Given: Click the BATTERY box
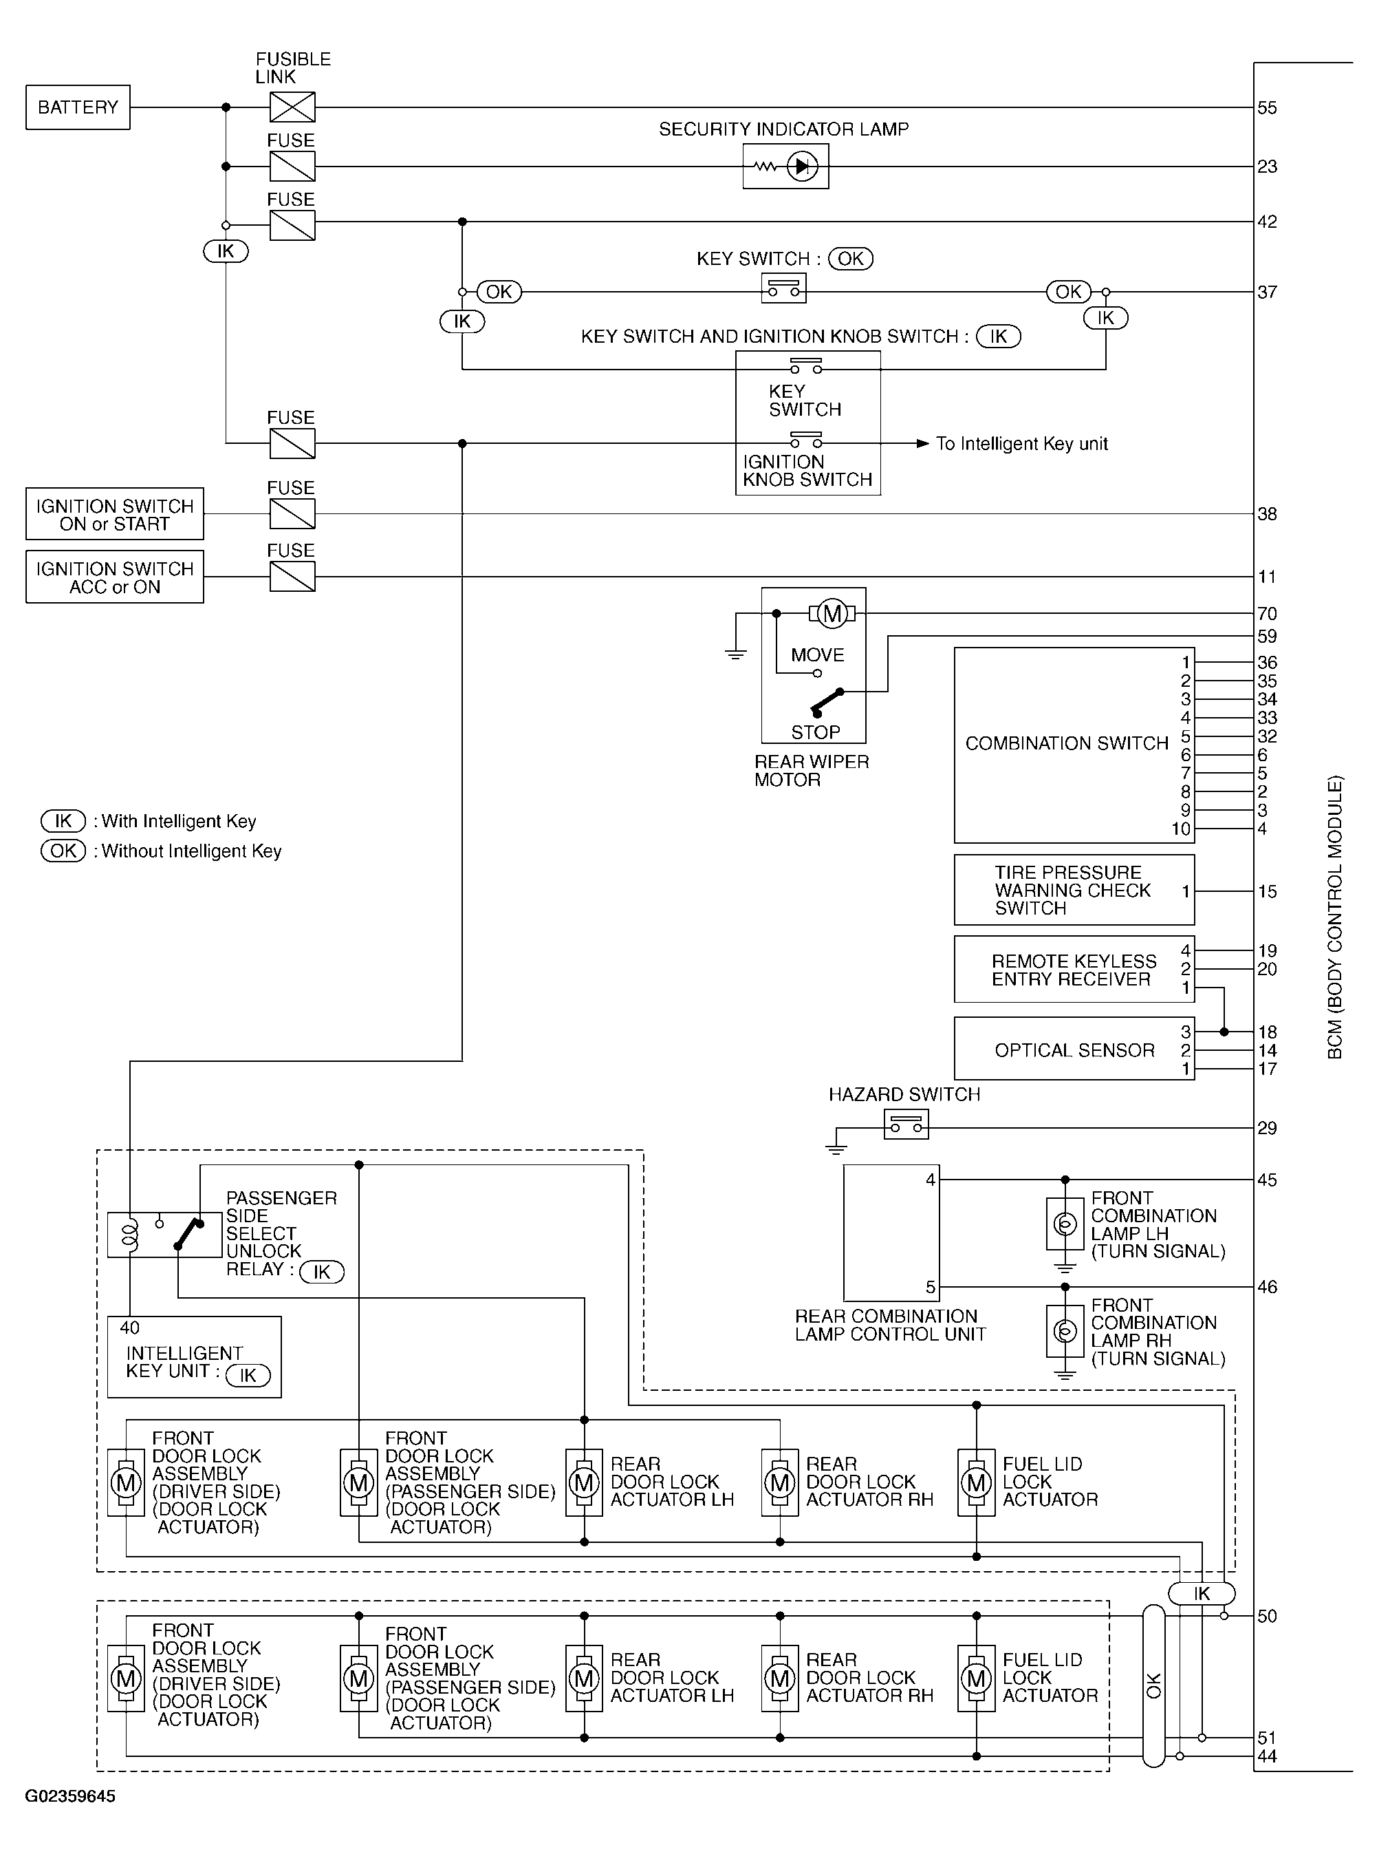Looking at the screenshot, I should click(x=78, y=107).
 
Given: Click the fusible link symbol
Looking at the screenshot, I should click(x=292, y=107).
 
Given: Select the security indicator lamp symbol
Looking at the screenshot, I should click(x=785, y=166).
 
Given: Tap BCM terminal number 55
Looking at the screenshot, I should click(x=1266, y=108).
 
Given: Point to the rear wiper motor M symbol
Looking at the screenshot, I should click(x=832, y=614).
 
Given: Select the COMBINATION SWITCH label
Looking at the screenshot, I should click(x=1066, y=743).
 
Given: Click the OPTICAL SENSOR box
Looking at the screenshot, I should click(x=1074, y=1049).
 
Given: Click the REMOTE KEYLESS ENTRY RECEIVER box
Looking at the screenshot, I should click(x=1074, y=970).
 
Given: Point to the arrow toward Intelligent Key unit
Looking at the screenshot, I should click(x=922, y=443).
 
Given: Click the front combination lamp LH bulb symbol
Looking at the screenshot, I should click(x=1064, y=1225).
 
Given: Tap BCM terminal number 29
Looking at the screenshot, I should click(x=1266, y=1128).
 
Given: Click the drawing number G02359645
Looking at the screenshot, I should click(x=70, y=1796).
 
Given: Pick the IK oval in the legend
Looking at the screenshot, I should click(x=63, y=821).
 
